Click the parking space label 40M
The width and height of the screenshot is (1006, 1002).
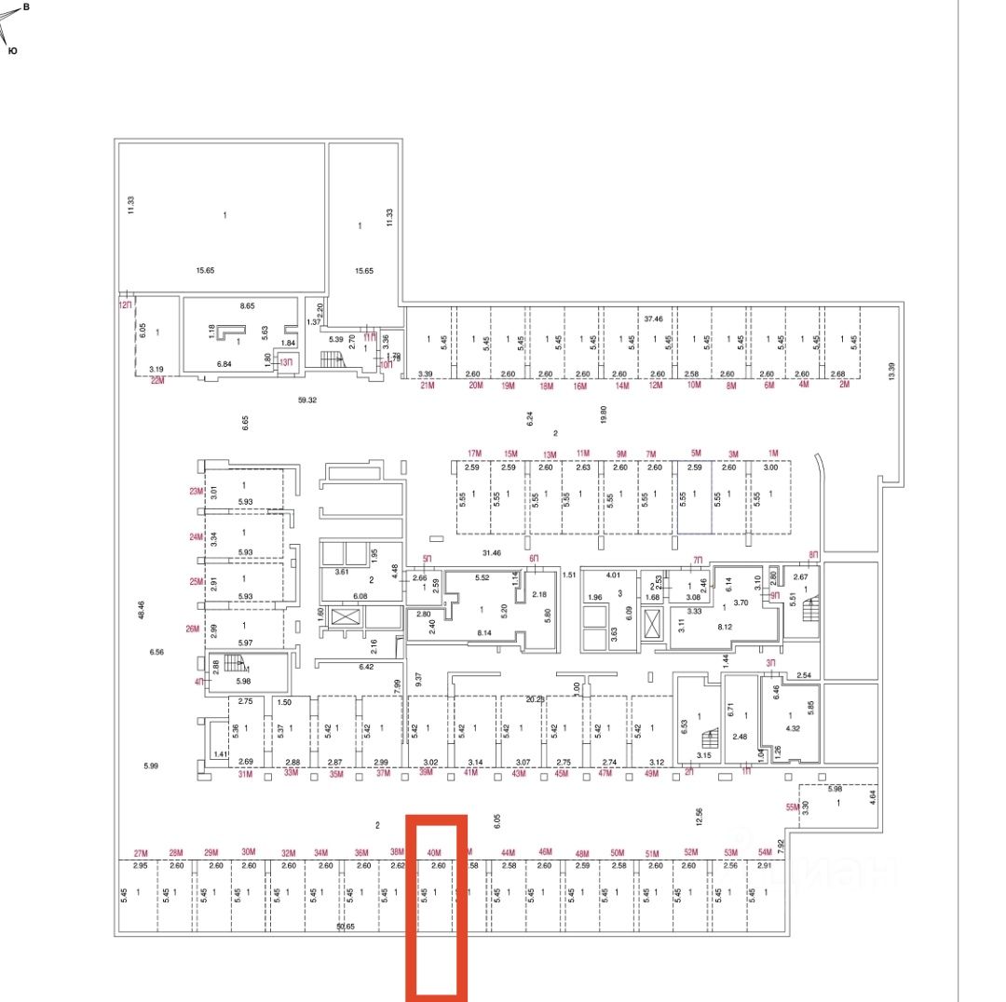pyautogui.click(x=433, y=852)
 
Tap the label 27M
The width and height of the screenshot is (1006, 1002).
pyautogui.click(x=142, y=853)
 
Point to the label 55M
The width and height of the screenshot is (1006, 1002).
pyautogui.click(x=793, y=807)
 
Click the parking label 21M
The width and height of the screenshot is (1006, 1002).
pyautogui.click(x=428, y=386)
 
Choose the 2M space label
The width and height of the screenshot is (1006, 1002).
pyautogui.click(x=845, y=386)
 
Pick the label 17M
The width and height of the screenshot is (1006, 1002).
pyautogui.click(x=474, y=454)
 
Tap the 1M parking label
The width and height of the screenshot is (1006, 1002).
pyautogui.click(x=772, y=454)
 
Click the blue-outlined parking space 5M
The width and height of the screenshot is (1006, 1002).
pyautogui.click(x=695, y=498)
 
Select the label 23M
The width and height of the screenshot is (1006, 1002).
pyautogui.click(x=195, y=492)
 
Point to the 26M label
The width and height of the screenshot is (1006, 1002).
pyautogui.click(x=193, y=629)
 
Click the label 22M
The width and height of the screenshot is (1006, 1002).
pyautogui.click(x=156, y=381)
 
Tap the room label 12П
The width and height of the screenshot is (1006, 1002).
pyautogui.click(x=125, y=305)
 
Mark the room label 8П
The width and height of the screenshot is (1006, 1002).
pyautogui.click(x=813, y=555)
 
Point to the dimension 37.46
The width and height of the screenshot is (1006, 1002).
pyautogui.click(x=653, y=318)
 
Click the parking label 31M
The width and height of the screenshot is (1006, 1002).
pyautogui.click(x=246, y=773)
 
